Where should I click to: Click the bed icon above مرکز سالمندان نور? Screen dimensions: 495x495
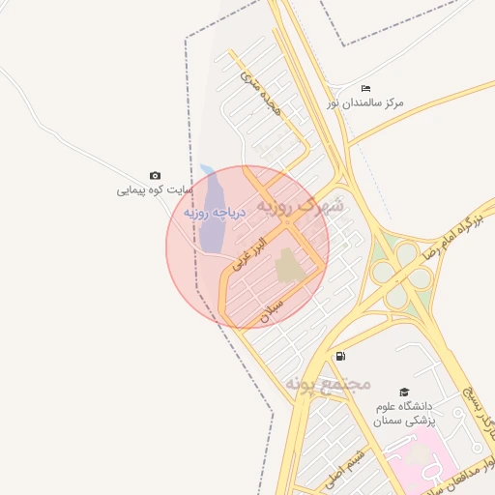point(364,88)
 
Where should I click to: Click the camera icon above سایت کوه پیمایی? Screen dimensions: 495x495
point(156,175)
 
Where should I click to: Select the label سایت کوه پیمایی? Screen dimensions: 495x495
point(150,189)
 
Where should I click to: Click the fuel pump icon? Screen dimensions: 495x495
point(340,356)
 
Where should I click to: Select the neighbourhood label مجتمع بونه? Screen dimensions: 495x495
point(328,384)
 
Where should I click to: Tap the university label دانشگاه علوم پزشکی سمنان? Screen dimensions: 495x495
point(405,414)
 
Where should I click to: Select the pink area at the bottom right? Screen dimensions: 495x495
point(445,464)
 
